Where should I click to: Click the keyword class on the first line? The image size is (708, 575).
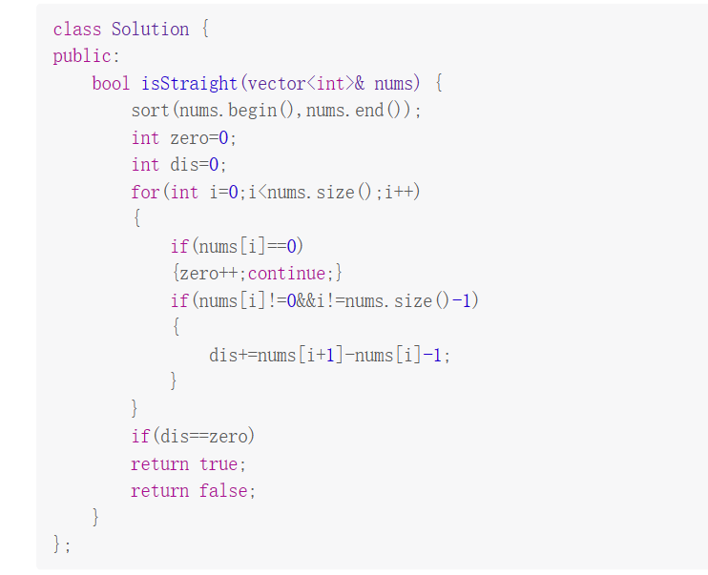coord(77,30)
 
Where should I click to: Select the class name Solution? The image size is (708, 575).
coord(150,30)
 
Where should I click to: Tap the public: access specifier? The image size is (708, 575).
coord(87,56)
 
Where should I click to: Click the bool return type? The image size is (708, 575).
coord(111,83)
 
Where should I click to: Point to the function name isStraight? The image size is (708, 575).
coord(189,83)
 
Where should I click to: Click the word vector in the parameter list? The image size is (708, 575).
coord(276,83)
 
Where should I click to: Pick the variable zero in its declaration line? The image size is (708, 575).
coord(189,138)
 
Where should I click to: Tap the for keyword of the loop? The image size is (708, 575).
coord(145,193)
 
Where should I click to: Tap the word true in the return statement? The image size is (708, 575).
coord(219,464)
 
